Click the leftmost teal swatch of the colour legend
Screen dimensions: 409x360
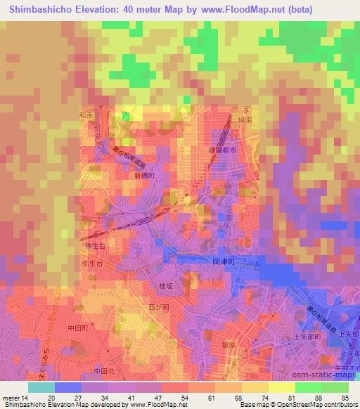pos(41,387)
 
